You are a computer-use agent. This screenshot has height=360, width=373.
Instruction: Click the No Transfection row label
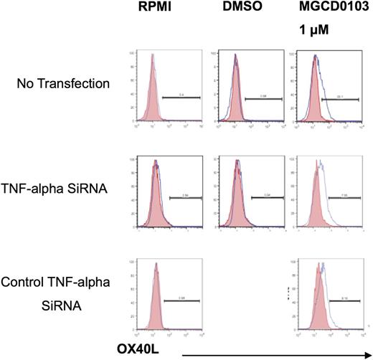click(x=65, y=84)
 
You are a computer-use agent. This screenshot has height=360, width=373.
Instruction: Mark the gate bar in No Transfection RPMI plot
click(x=181, y=96)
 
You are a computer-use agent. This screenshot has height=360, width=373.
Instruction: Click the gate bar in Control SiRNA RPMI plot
click(x=184, y=301)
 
